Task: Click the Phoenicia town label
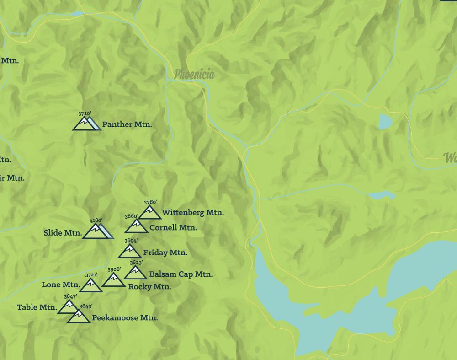pos(194,74)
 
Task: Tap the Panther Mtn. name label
pos(127,124)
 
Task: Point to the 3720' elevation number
pos(85,113)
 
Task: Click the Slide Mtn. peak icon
pos(96,231)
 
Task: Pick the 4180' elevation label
pos(96,220)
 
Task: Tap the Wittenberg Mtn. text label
pos(192,212)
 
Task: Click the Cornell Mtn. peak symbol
pos(136,226)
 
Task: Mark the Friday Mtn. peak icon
pos(129,252)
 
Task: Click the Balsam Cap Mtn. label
pos(181,274)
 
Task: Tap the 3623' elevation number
pos(136,263)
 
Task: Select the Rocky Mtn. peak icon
pos(113,280)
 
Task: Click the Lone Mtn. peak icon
pos(90,285)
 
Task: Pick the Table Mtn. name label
pos(37,307)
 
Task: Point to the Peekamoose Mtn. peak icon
pos(79,317)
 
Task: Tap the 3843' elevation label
pos(86,306)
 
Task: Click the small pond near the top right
pos(385,122)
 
